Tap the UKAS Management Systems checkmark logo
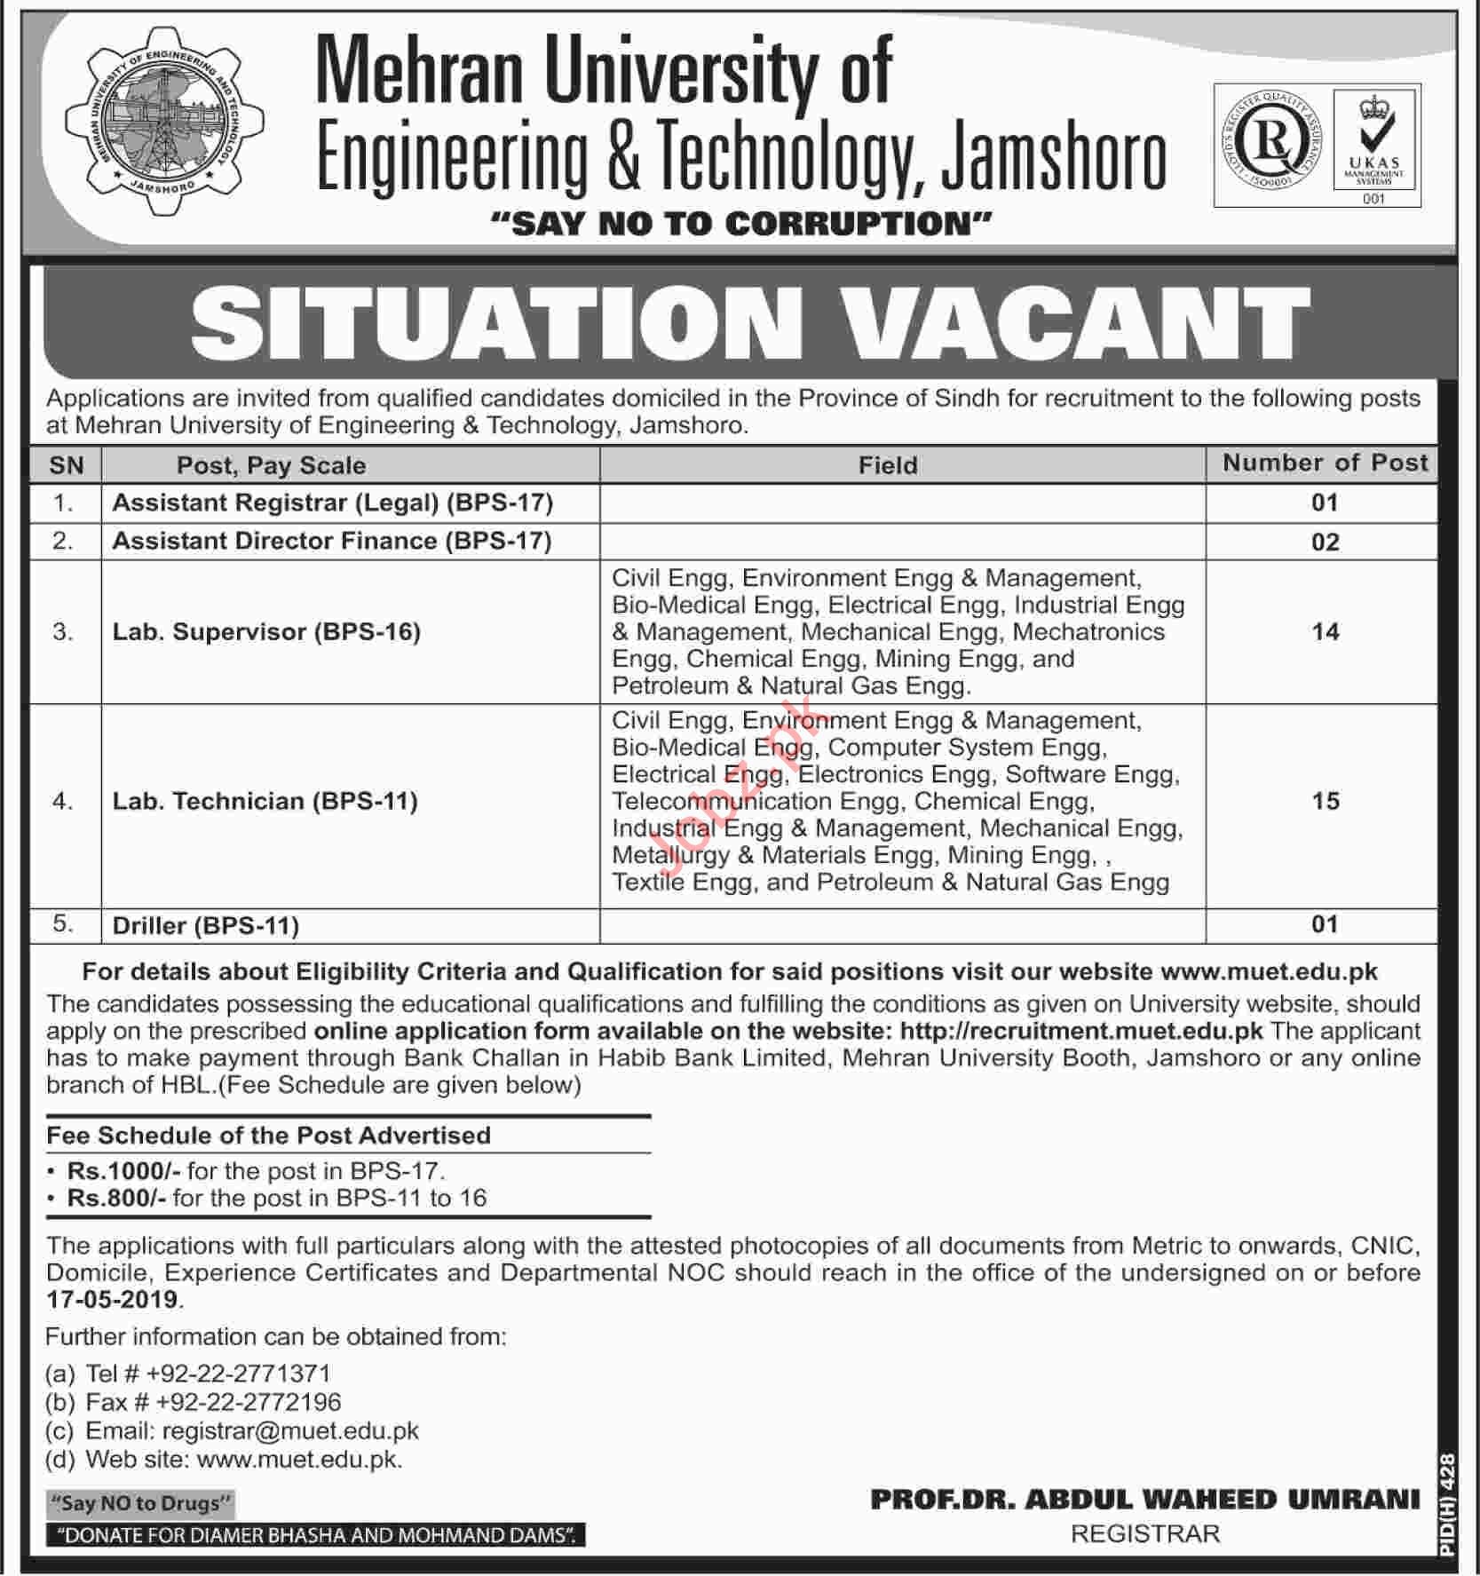pyautogui.click(x=1375, y=146)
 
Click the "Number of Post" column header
pyautogui.click(x=1325, y=463)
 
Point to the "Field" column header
pyautogui.click(x=888, y=465)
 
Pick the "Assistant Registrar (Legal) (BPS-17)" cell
pyautogui.click(x=333, y=503)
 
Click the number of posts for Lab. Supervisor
pyautogui.click(x=1325, y=631)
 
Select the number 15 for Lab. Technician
pyautogui.click(x=1325, y=801)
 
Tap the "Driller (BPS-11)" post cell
pyautogui.click(x=206, y=925)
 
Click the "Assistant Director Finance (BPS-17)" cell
pyautogui.click(x=332, y=541)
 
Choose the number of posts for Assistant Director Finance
pyautogui.click(x=1325, y=542)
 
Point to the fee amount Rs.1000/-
pyautogui.click(x=123, y=1171)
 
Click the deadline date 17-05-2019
pyautogui.click(x=113, y=1299)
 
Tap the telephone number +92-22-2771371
pyautogui.click(x=238, y=1374)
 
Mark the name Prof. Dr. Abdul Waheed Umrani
pyautogui.click(x=1144, y=1500)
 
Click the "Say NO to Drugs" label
pyautogui.click(x=141, y=1503)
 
